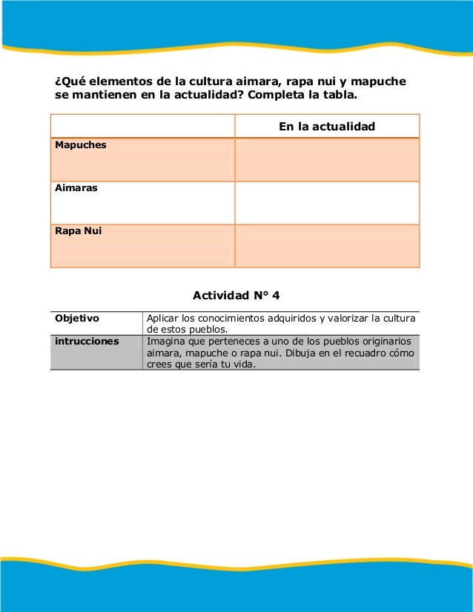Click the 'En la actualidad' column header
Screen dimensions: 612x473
tap(326, 127)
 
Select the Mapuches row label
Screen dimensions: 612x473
tap(81, 145)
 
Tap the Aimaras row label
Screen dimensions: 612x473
tap(76, 188)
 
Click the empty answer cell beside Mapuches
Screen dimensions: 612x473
tap(327, 159)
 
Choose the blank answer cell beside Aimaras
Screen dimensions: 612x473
tap(327, 202)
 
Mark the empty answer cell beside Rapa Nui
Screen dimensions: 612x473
tap(327, 245)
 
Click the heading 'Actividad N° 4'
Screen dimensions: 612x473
tap(236, 296)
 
